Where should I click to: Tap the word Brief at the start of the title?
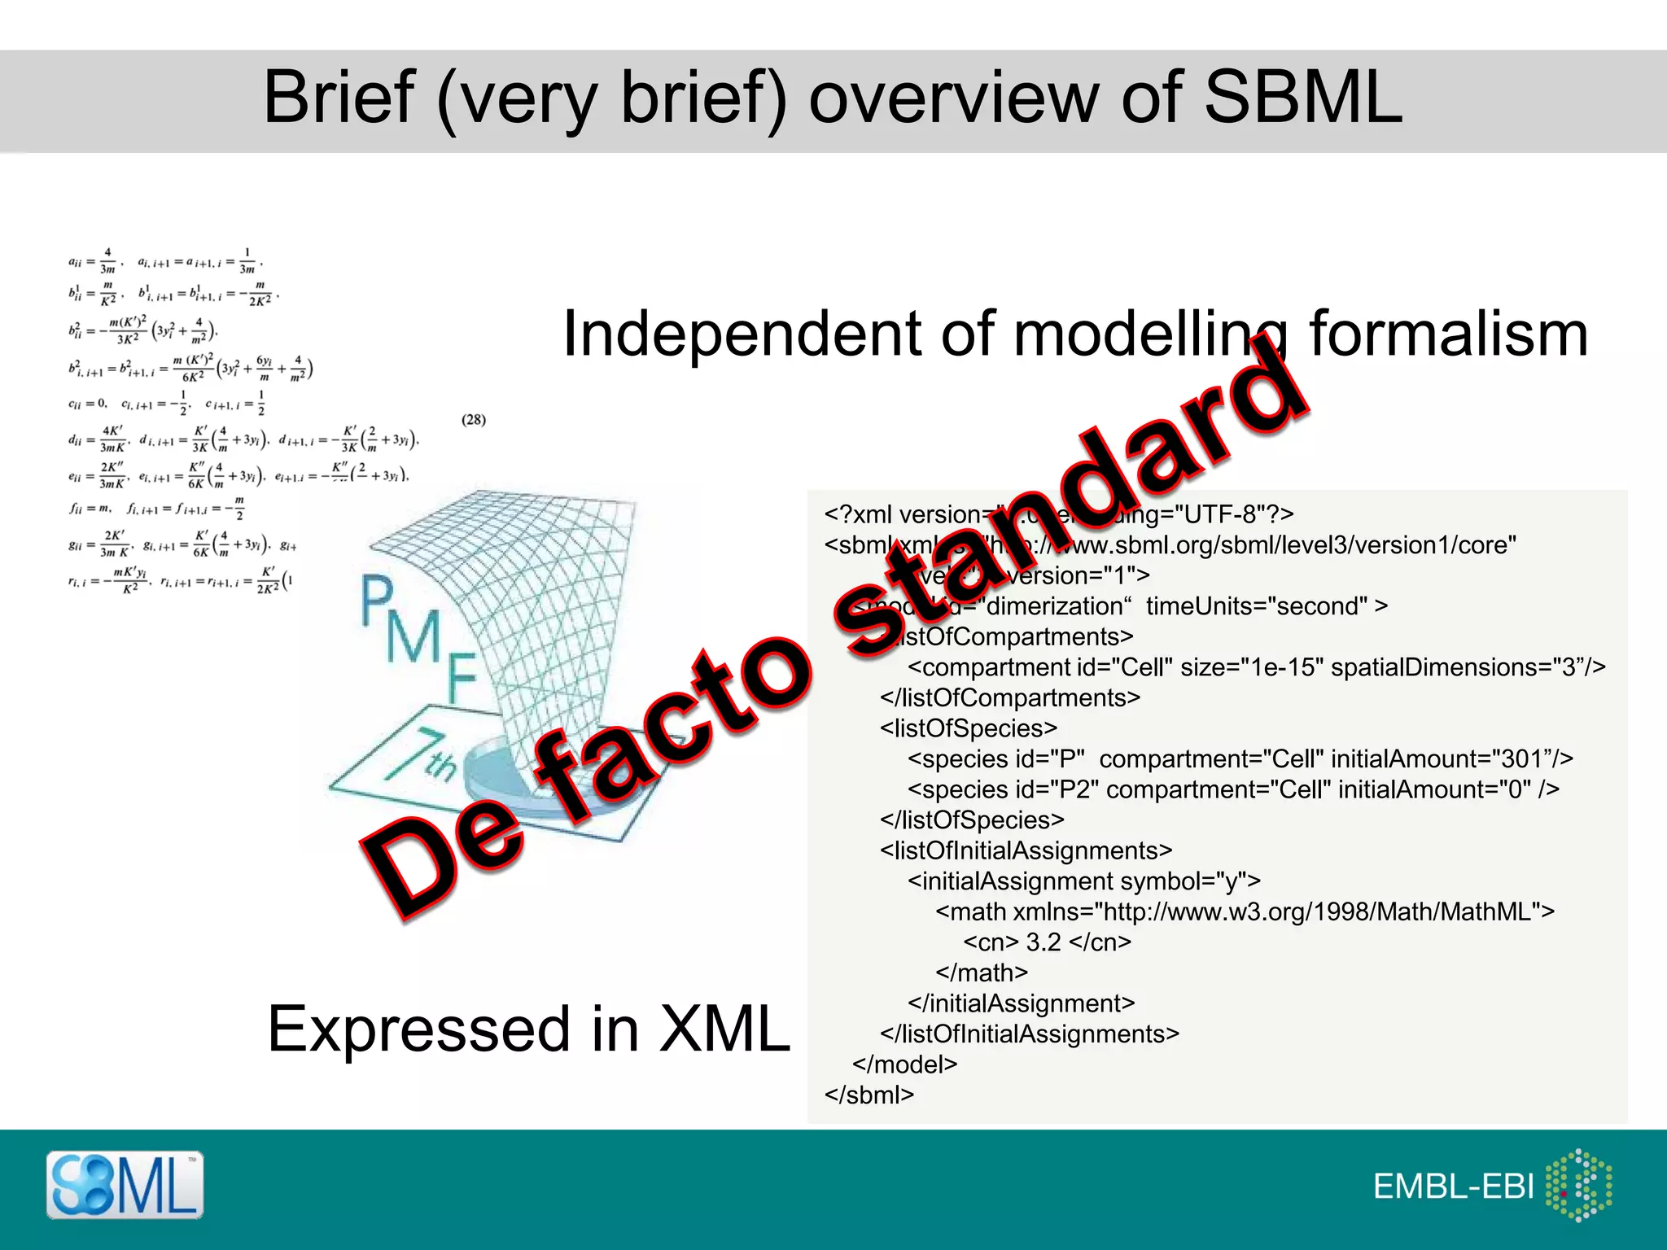coord(339,98)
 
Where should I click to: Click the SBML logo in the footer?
coord(125,1185)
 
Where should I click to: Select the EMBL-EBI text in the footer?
coord(1453,1187)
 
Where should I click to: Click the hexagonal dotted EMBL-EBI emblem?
coord(1578,1185)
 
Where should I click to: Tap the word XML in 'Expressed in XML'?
coord(724,1029)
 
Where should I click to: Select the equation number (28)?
coord(474,420)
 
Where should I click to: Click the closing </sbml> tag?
coord(869,1095)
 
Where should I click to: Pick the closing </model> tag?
coord(904,1064)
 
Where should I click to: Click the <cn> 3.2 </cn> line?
coord(1047,942)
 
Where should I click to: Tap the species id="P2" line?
coord(1232,789)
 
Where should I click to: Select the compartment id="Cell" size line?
coord(1256,667)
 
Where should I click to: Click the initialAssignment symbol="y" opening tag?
coord(1083,881)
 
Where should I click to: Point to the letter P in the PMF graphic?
coord(378,600)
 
